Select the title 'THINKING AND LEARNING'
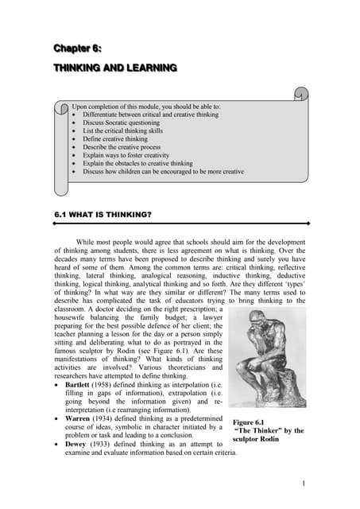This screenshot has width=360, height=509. [114, 68]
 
